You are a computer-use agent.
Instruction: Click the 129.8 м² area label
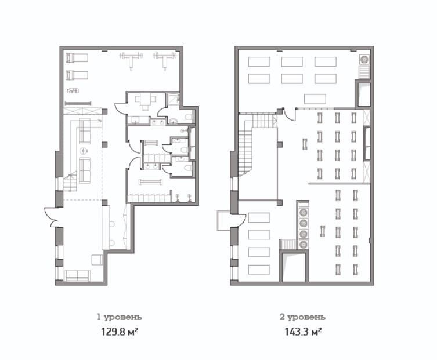coord(120,332)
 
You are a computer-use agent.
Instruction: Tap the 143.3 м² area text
coord(303,332)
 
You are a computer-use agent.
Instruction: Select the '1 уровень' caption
coord(120,317)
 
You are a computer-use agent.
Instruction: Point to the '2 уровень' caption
coord(302,317)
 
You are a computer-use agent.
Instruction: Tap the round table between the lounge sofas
coord(84,151)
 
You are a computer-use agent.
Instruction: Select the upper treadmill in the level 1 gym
coord(77,57)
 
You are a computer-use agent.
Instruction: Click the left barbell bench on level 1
coord(131,59)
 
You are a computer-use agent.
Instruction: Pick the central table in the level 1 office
coord(145,101)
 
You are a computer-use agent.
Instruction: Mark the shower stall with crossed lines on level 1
coord(174,99)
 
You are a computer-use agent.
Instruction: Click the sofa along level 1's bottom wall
coord(77,275)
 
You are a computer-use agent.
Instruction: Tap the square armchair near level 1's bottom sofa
coord(97,260)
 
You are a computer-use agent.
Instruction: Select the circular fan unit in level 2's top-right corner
coord(364,59)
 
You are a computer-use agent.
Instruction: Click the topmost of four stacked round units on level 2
coord(303,212)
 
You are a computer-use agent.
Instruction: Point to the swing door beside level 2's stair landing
coord(290,114)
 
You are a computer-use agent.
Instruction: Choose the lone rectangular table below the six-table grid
coord(315,99)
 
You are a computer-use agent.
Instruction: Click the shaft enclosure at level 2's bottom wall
coord(294,266)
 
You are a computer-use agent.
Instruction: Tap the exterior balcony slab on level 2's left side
coord(224,221)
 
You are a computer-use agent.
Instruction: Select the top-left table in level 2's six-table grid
coord(259,61)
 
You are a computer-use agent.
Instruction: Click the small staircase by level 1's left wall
coord(70,182)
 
